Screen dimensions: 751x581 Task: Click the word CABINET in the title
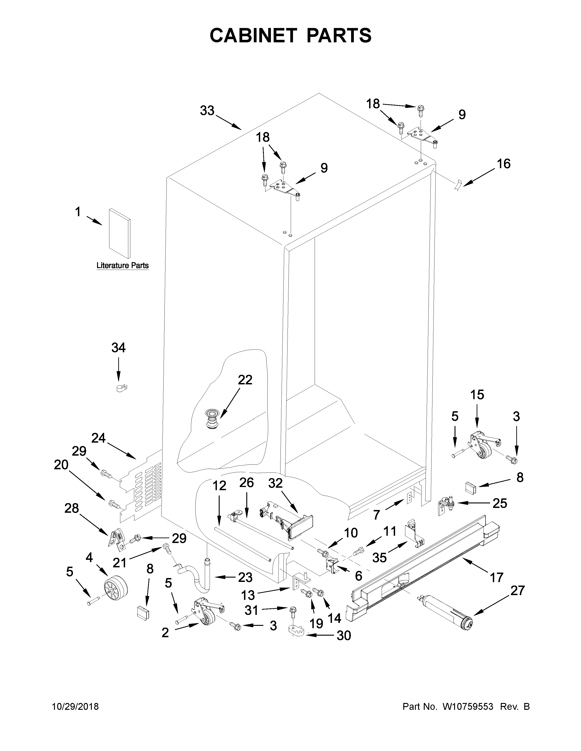point(253,36)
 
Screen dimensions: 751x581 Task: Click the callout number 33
point(207,111)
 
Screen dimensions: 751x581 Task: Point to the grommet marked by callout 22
point(211,419)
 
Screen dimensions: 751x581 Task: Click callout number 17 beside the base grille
point(496,577)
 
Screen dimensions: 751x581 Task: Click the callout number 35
point(380,557)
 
